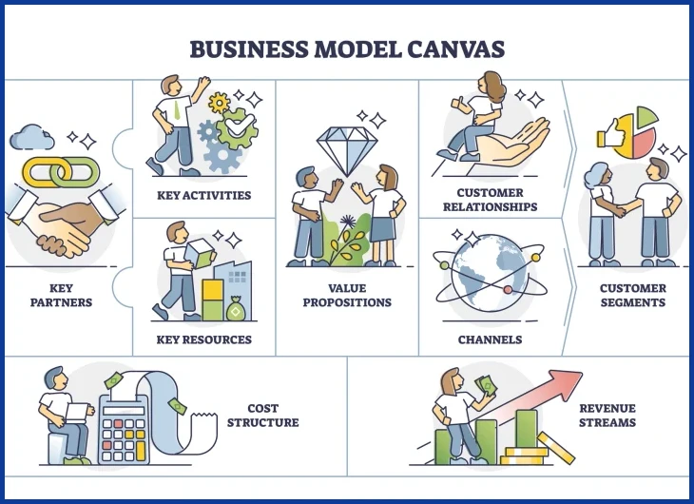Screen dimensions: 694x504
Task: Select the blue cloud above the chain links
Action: (x=32, y=137)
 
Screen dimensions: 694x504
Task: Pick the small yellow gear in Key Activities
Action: (x=219, y=103)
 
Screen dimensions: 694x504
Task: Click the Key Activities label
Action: (x=204, y=195)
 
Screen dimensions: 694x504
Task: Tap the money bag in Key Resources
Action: (x=235, y=308)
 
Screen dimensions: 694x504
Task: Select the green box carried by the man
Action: (x=200, y=253)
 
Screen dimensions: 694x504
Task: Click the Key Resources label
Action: (x=204, y=339)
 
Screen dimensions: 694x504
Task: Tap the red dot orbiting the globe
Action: (x=508, y=290)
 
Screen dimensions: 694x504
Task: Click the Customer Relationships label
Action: (x=491, y=200)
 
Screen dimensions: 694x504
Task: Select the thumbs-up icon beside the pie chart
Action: (x=609, y=132)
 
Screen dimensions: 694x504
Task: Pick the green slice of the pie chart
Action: (x=647, y=116)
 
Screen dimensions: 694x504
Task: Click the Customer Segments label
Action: (x=633, y=296)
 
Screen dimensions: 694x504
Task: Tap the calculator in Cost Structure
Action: (x=124, y=429)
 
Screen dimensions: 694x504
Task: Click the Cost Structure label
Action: (x=263, y=416)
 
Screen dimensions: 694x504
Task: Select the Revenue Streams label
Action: (x=607, y=416)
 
